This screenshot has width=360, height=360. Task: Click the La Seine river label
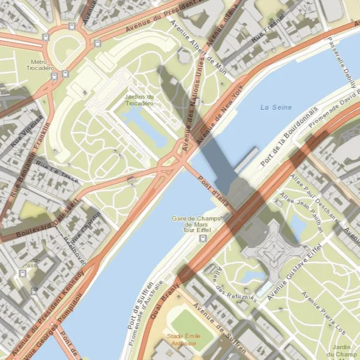coord(276,107)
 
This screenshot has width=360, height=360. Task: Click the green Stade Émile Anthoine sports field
coord(188,322)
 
